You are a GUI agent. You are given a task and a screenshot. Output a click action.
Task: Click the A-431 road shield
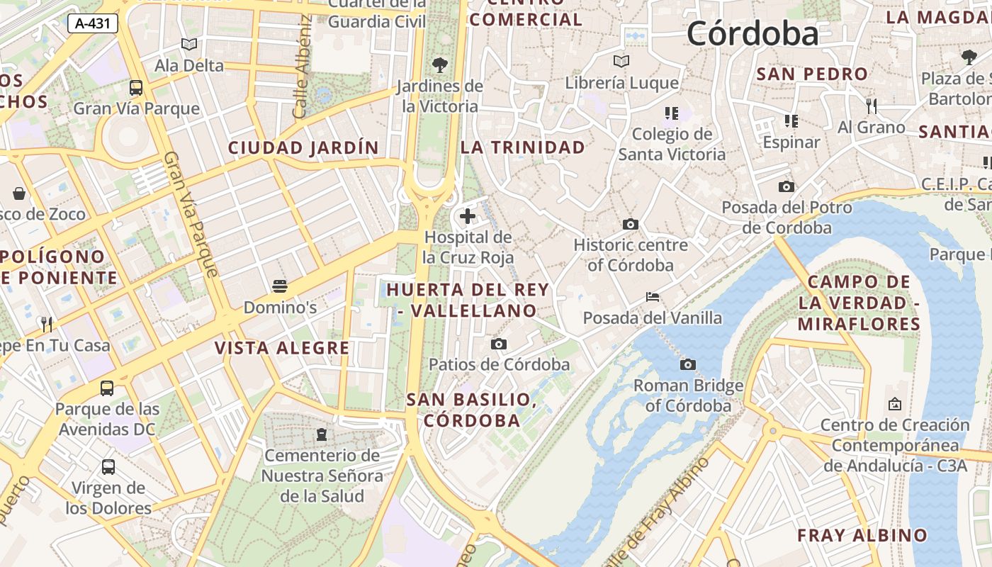pos(93,23)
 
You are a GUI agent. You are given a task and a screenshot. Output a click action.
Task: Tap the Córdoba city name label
pos(752,33)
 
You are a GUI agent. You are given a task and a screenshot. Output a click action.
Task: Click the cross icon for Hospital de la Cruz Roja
pos(468,216)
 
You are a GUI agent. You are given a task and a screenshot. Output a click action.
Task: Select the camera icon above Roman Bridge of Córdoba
pos(687,365)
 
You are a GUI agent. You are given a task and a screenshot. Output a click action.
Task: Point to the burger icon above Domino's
pos(280,286)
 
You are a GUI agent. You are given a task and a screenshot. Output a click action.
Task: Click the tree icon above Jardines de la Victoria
pos(439,65)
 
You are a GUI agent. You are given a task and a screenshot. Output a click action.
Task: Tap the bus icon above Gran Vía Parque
pos(136,88)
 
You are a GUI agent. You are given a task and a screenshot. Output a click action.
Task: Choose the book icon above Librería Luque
pos(621,62)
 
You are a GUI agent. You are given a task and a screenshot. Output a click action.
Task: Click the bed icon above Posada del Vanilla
pos(653,297)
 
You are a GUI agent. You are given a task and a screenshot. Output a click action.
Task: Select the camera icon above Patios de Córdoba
pos(499,344)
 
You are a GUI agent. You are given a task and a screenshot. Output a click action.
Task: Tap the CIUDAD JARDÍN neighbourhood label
pos(303,148)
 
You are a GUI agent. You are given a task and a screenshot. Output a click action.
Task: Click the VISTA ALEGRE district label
pos(282,348)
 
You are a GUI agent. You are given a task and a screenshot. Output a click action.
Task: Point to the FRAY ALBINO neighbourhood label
pos(862,535)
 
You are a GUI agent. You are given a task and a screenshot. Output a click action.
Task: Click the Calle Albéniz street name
pos(302,67)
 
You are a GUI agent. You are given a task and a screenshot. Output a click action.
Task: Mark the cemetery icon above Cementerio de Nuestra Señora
pos(322,434)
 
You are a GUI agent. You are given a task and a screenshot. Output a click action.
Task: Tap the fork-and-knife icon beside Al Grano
pos(872,106)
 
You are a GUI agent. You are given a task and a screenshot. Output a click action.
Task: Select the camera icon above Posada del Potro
pos(786,187)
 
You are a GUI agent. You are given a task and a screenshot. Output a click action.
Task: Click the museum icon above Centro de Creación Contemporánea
pos(895,404)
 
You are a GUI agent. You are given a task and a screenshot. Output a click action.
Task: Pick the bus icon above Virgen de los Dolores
pos(108,467)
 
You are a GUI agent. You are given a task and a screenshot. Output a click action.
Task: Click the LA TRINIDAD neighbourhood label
pos(523,147)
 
